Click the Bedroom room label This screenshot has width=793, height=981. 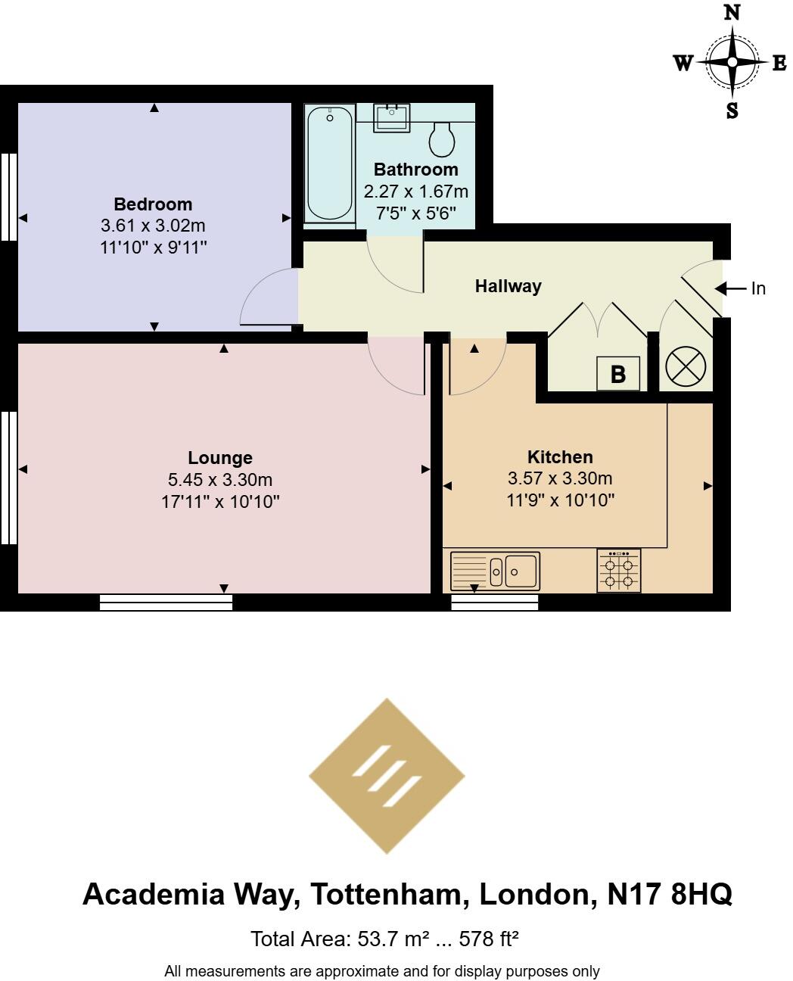coord(153,204)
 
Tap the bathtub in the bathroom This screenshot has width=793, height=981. coord(329,163)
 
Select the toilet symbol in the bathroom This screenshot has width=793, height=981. coord(442,138)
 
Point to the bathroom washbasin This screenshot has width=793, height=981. coord(392,118)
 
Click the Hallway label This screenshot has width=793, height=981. coord(508,286)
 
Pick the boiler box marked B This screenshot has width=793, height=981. coord(618,374)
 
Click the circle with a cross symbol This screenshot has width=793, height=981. coord(685,368)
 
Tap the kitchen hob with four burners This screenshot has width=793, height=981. coord(618,571)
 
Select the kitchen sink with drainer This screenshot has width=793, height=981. coord(495,571)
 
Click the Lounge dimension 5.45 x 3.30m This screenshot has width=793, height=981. coord(220,479)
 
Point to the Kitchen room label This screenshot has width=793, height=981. coord(560,457)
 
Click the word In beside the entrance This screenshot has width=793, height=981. coord(758,288)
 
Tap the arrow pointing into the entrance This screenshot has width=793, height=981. coord(730,288)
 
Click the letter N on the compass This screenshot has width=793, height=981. coord(732,12)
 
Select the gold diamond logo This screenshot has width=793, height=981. coord(387,776)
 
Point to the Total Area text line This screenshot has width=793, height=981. coord(384,939)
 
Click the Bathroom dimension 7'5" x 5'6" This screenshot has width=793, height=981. coord(415,213)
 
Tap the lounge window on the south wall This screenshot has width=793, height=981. coord(166,602)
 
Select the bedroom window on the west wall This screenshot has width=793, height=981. coord(8,197)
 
